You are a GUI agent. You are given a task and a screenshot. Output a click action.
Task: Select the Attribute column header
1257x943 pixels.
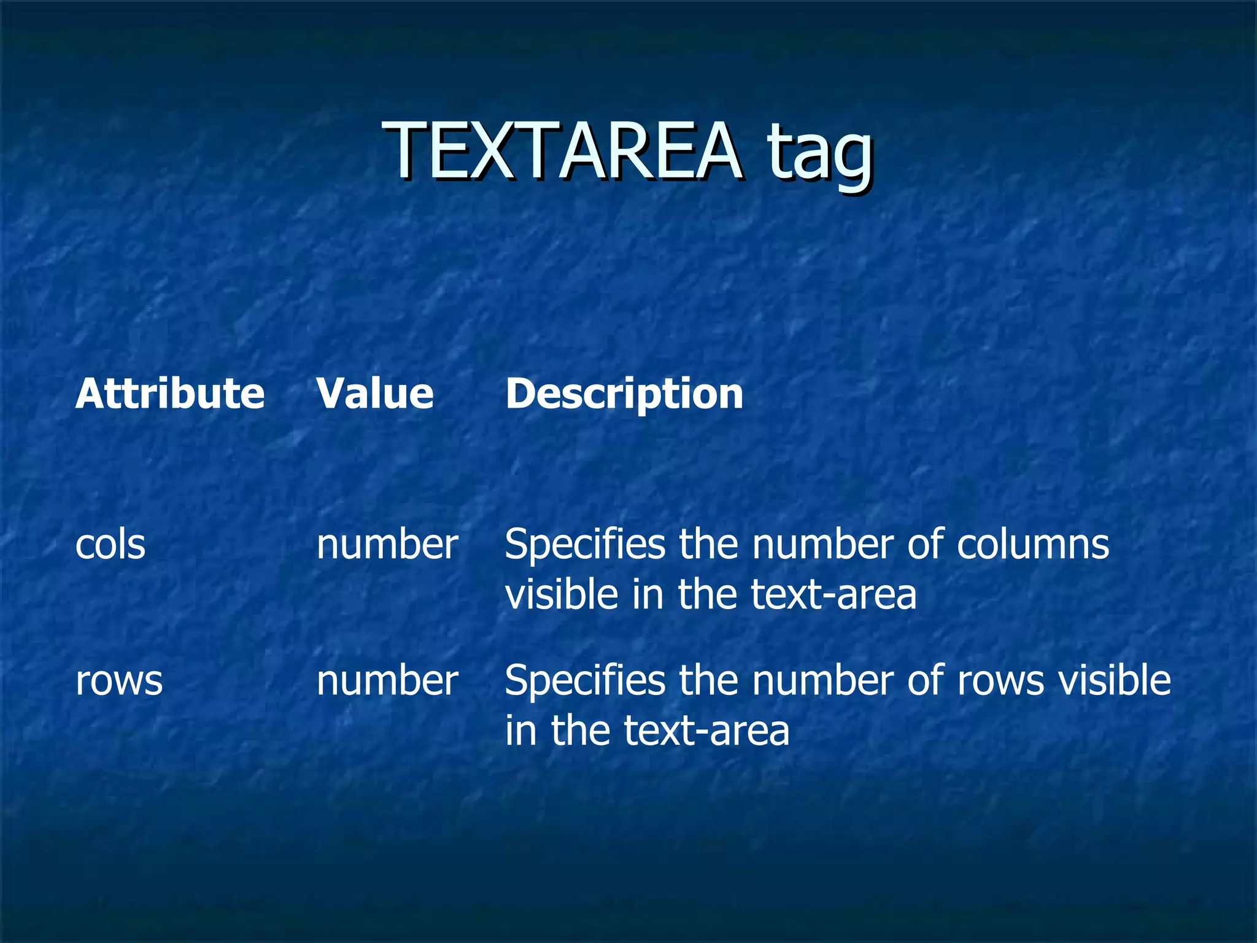(x=170, y=394)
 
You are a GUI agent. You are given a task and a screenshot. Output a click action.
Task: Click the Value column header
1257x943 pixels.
(x=375, y=394)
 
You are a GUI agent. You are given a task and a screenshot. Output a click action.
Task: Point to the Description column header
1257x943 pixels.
(x=624, y=394)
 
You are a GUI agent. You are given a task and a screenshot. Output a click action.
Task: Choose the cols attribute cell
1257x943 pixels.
(x=110, y=545)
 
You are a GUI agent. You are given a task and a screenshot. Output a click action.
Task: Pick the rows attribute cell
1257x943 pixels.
(x=119, y=681)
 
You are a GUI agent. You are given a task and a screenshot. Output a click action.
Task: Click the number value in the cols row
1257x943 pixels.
(x=387, y=545)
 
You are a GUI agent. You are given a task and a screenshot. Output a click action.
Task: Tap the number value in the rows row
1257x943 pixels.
(x=387, y=681)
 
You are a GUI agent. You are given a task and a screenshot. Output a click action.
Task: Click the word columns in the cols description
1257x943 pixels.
(x=1033, y=545)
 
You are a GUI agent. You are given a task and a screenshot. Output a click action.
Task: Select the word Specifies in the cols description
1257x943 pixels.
(x=585, y=545)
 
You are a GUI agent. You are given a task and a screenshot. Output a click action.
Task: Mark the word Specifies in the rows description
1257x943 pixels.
(x=585, y=681)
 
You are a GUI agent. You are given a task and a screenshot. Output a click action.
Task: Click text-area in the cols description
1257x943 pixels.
(x=833, y=595)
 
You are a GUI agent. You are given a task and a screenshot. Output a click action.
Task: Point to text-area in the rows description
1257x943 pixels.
(x=706, y=731)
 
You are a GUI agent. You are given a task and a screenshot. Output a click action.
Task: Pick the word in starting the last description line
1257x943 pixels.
(x=520, y=731)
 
